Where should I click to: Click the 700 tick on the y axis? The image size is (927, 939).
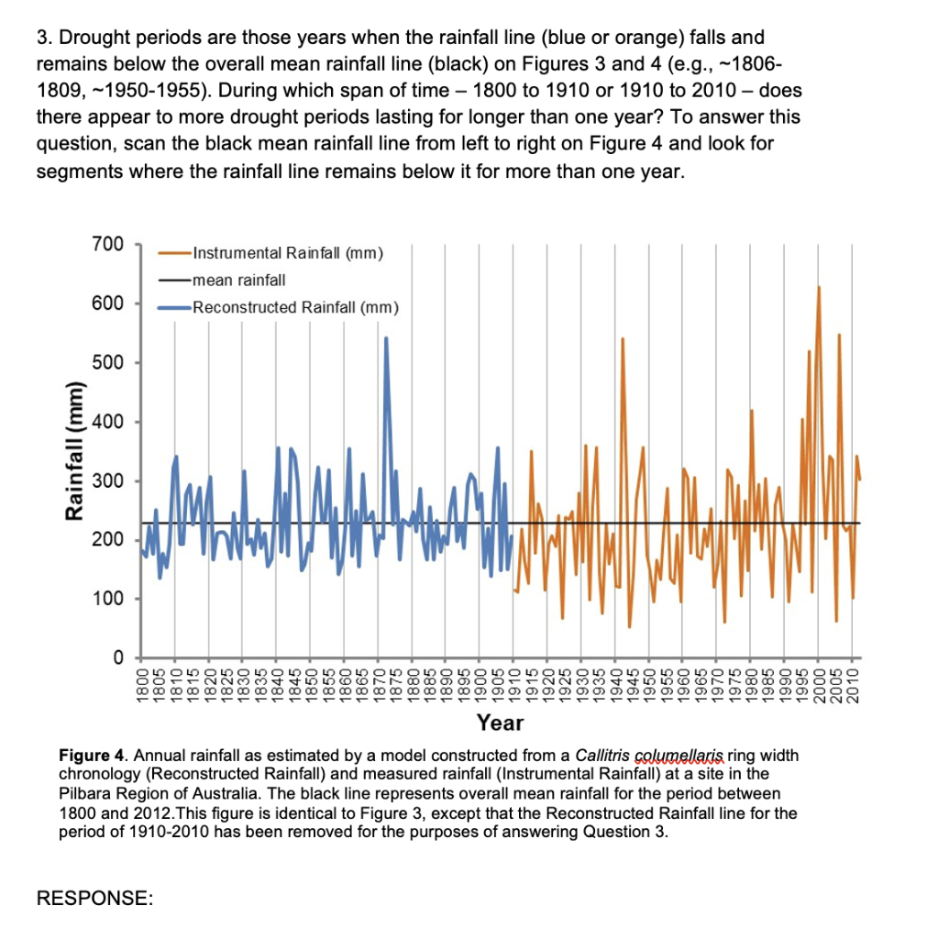[107, 245]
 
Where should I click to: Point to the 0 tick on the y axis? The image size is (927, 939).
[117, 657]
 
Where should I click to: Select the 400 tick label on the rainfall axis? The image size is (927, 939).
[107, 422]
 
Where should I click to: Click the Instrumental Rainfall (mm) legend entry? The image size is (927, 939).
[287, 253]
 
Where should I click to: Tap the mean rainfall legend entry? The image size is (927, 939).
[239, 279]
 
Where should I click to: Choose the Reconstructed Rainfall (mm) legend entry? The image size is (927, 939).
[294, 306]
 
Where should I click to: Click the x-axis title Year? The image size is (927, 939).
[500, 724]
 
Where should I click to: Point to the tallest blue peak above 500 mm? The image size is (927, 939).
[386, 338]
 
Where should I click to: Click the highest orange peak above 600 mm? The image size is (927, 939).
[819, 288]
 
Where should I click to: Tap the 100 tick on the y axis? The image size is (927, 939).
[107, 599]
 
